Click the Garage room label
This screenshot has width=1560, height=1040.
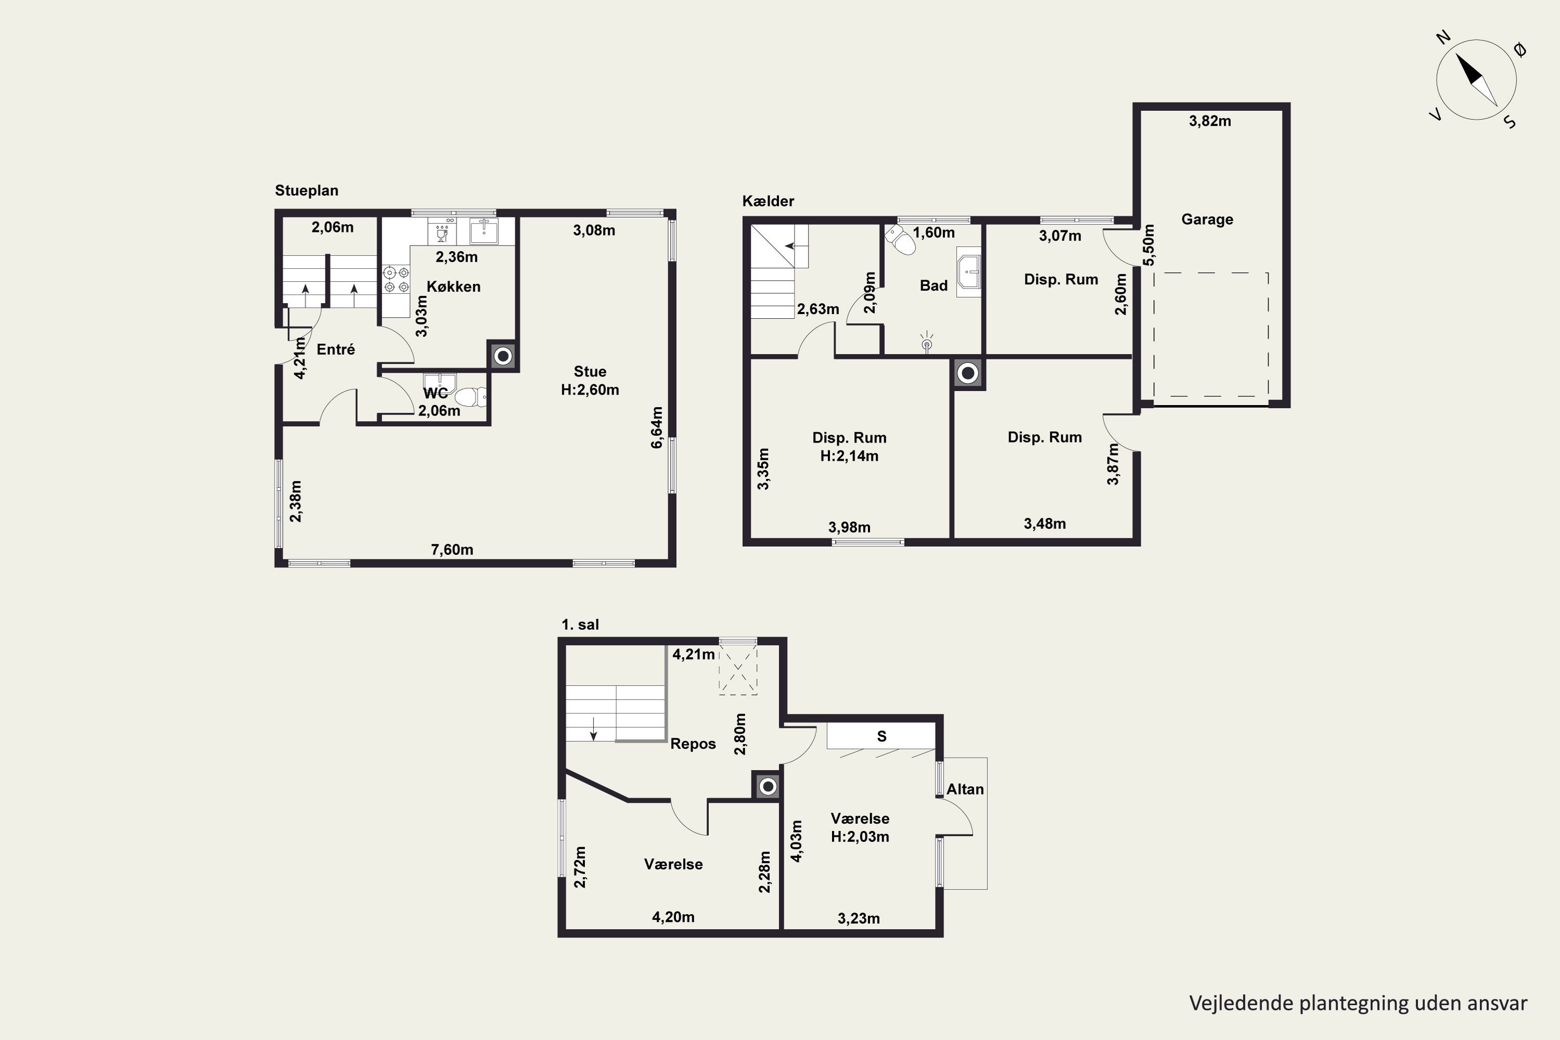(x=1207, y=219)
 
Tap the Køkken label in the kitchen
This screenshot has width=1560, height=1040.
(x=453, y=287)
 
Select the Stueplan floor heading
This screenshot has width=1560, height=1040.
(x=306, y=191)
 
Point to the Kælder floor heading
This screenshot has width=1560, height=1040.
(x=768, y=201)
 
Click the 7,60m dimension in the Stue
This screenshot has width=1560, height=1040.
(x=452, y=550)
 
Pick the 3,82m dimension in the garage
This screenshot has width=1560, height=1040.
(x=1210, y=121)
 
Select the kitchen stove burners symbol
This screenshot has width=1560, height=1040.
(x=396, y=279)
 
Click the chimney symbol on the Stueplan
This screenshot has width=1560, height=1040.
(x=503, y=356)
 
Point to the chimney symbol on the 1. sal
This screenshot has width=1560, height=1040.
(x=768, y=787)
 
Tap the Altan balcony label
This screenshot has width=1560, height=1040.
(x=965, y=789)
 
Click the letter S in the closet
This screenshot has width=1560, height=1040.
(x=881, y=736)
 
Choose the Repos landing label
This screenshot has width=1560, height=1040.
(x=693, y=744)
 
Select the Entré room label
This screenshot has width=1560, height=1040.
(x=335, y=349)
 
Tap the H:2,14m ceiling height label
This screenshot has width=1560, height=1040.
(x=850, y=457)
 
